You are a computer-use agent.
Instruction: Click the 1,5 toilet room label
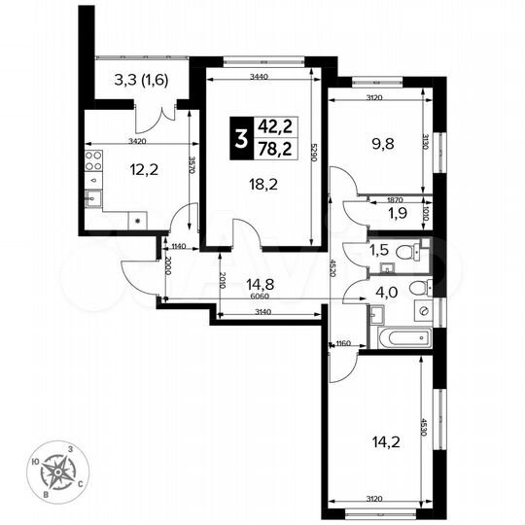(x=379, y=250)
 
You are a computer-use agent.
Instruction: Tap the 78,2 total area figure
(x=277, y=147)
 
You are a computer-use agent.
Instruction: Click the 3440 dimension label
(x=259, y=75)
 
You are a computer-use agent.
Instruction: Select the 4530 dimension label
(x=423, y=428)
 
